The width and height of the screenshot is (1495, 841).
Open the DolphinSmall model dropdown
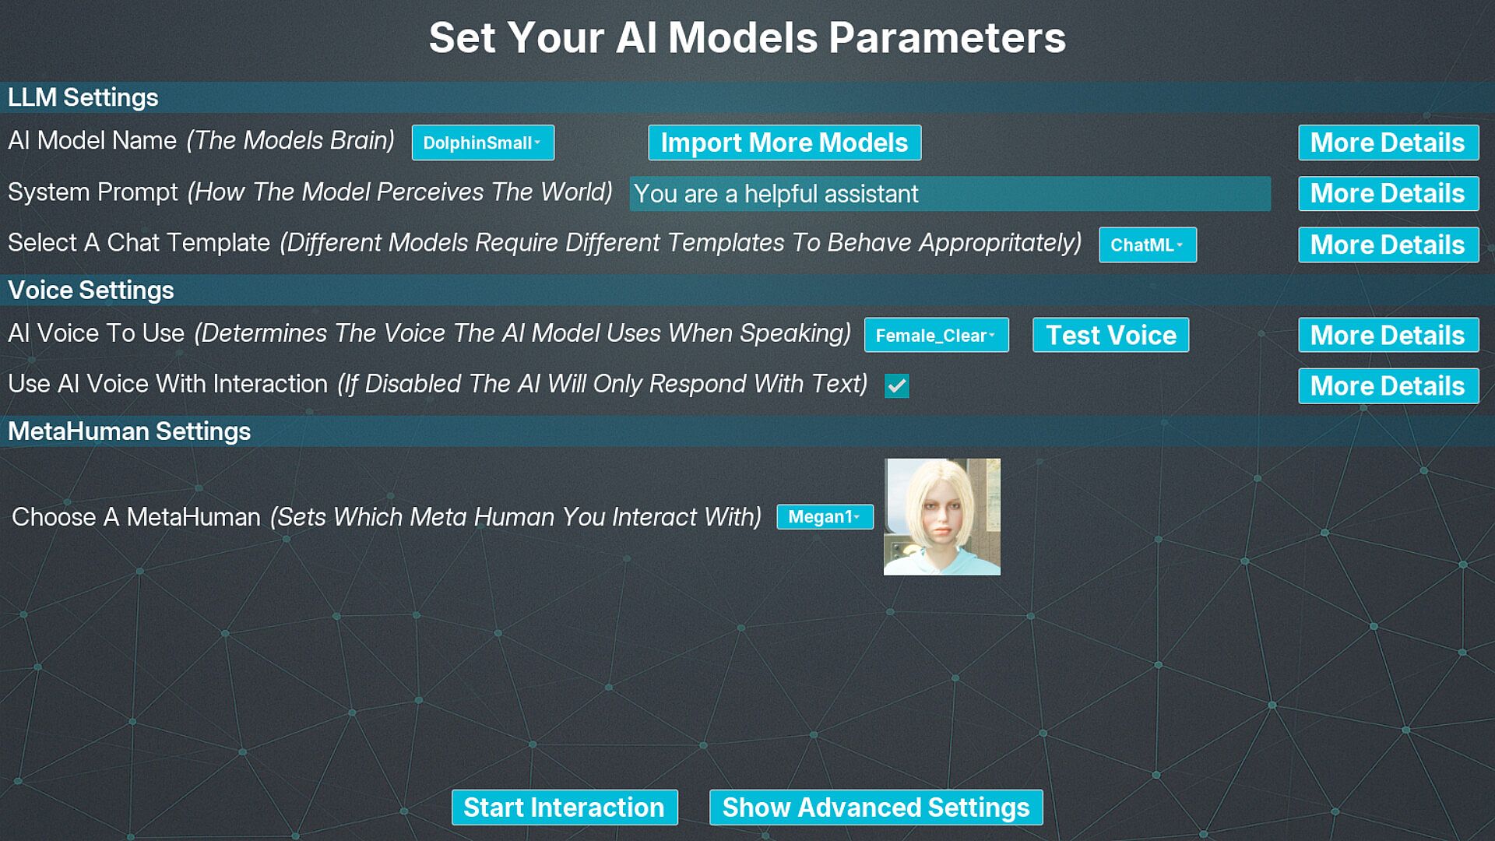(483, 143)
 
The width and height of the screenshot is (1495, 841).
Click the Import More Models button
(784, 143)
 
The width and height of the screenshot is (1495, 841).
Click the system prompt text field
(950, 193)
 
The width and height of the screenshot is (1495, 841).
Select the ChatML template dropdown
(1147, 245)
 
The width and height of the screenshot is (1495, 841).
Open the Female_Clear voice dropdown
(936, 335)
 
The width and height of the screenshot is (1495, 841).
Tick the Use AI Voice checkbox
(896, 385)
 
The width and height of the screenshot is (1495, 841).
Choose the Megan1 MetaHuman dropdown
(825, 516)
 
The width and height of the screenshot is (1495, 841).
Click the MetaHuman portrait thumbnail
(941, 516)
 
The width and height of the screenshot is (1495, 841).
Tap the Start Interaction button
(565, 808)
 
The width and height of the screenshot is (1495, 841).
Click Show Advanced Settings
(876, 808)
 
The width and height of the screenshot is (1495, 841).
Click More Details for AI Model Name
(1388, 143)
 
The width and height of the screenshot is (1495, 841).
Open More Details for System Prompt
(1388, 193)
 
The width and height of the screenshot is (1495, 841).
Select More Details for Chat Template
(1388, 245)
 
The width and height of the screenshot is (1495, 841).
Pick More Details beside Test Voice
(1388, 335)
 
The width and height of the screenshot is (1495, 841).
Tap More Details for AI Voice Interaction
(1388, 385)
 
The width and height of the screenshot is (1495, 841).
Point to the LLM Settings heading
(83, 97)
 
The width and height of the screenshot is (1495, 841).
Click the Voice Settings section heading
(91, 290)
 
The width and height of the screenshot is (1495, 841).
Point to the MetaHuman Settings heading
(129, 431)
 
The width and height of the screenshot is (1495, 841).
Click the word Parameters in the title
(947, 37)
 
